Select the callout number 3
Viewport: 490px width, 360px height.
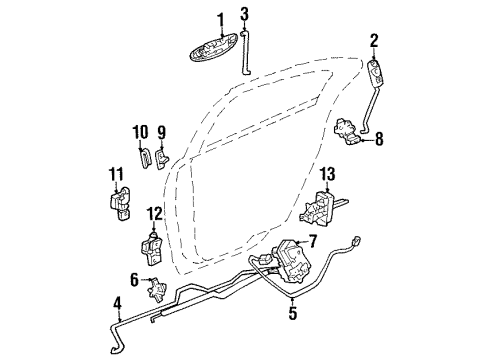(244, 13)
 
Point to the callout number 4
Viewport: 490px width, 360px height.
(117, 303)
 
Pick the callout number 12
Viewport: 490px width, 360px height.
(154, 213)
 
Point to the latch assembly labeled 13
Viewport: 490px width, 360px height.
(321, 212)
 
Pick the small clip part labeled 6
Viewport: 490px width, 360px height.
(155, 292)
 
